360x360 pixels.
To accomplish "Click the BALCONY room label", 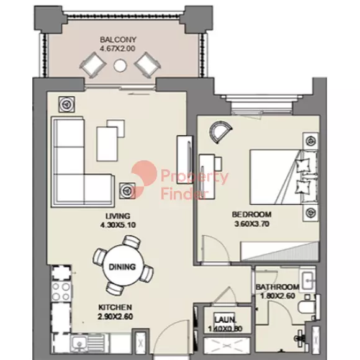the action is tap(118, 40).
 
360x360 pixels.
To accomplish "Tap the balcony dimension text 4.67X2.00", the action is tap(117, 48).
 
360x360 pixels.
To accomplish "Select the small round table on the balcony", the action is tap(120, 66).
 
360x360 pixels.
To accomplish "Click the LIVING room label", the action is tap(118, 216).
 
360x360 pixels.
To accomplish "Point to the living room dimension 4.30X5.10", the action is tap(118, 225).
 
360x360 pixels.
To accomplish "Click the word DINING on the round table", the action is tap(122, 267).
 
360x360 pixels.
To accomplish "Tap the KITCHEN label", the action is tap(115, 307).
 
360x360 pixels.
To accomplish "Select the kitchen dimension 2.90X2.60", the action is tap(115, 317).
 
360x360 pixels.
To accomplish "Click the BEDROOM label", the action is tap(251, 214).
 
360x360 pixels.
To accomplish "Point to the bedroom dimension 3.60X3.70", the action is tap(251, 223).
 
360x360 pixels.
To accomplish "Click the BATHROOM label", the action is tap(277, 287).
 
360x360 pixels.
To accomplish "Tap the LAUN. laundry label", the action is tap(225, 320).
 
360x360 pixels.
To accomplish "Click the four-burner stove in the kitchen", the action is tap(61, 292).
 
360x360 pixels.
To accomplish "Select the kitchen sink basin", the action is tap(79, 343).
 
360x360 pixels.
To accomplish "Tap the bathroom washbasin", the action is tap(308, 280).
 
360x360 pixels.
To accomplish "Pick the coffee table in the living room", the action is tap(107, 144).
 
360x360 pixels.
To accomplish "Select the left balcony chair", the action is tap(92, 65).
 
